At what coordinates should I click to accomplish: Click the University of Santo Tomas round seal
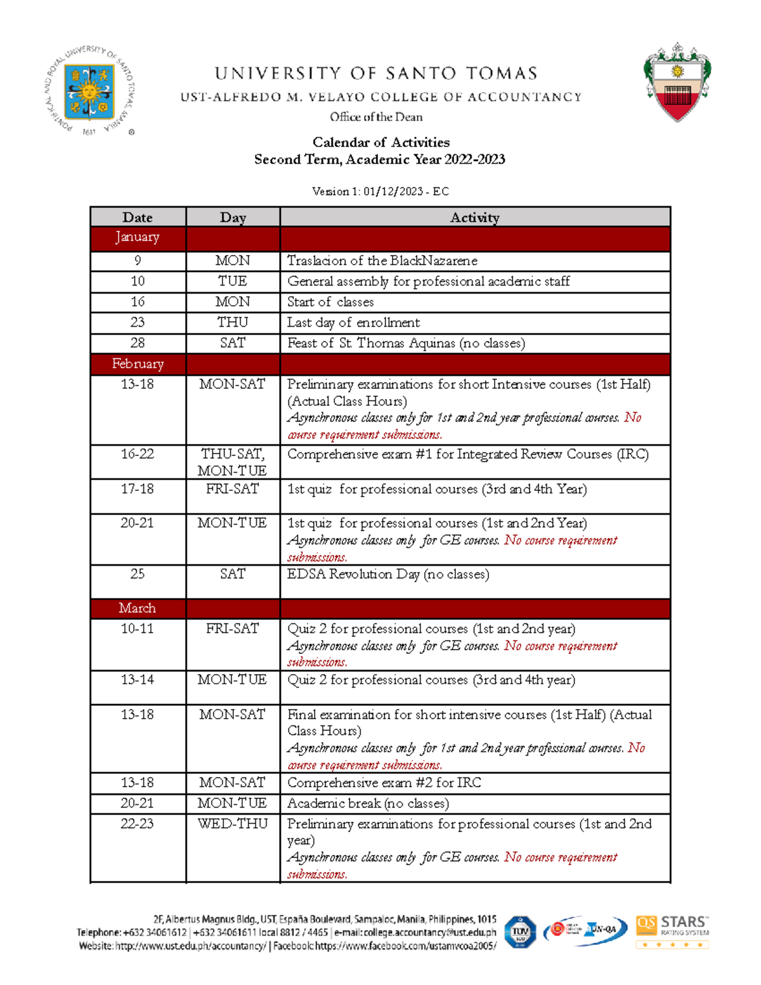89,91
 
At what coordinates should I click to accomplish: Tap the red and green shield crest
677,83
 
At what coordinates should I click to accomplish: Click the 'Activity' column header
474,218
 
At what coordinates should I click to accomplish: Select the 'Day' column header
233,218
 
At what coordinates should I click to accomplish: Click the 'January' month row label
137,237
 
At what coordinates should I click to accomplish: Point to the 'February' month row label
138,364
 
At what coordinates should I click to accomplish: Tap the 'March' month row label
137,608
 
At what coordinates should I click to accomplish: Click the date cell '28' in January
138,343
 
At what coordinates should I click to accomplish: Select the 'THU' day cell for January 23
233,322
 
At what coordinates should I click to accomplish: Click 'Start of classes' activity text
330,302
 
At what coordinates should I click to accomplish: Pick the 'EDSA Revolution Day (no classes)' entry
388,575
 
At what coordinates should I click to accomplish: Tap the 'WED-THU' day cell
233,824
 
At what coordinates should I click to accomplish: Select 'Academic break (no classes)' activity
368,804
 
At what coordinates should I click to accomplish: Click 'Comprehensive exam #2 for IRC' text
384,783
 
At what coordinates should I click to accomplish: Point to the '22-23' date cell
138,824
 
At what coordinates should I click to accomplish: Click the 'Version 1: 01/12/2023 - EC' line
380,192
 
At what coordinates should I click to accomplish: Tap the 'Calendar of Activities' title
380,142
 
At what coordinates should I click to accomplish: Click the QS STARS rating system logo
672,931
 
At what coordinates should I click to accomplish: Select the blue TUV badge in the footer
520,932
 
